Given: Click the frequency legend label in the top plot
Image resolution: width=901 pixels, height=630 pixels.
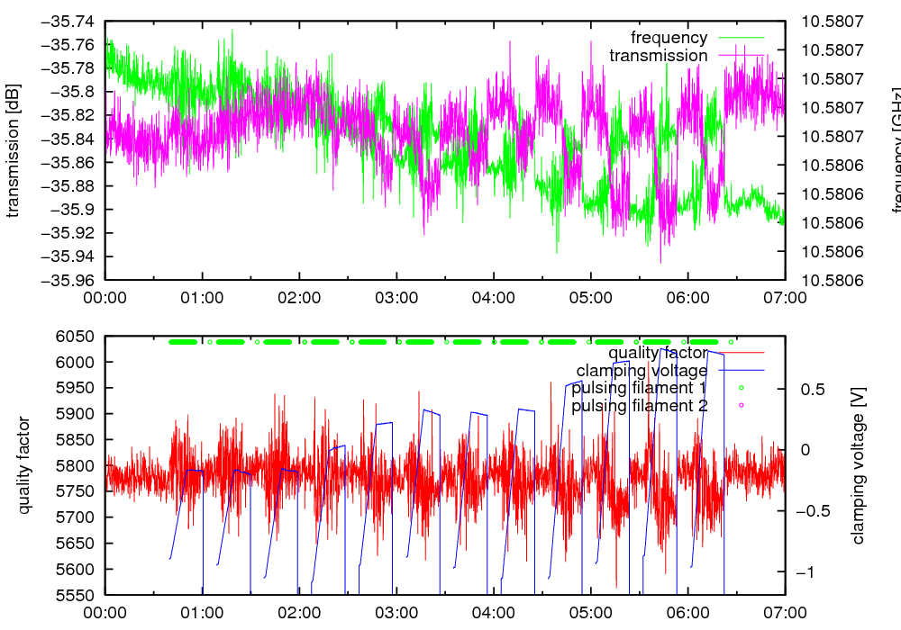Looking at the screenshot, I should (669, 38).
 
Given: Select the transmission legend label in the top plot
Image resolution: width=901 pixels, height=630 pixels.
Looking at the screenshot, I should (658, 56).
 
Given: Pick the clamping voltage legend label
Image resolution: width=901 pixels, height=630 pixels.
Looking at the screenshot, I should (642, 370).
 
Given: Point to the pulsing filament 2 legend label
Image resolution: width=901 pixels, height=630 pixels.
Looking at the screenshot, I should (640, 406).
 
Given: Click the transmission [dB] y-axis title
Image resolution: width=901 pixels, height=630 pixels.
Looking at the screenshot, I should (13, 150).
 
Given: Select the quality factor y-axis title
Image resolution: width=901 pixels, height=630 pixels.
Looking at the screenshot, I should (24, 465).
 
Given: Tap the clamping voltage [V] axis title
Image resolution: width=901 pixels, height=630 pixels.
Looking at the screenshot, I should (858, 465).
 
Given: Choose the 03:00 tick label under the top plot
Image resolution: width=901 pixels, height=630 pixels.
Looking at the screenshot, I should (396, 297).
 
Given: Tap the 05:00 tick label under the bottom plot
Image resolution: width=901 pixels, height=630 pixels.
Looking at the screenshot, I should (590, 612).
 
